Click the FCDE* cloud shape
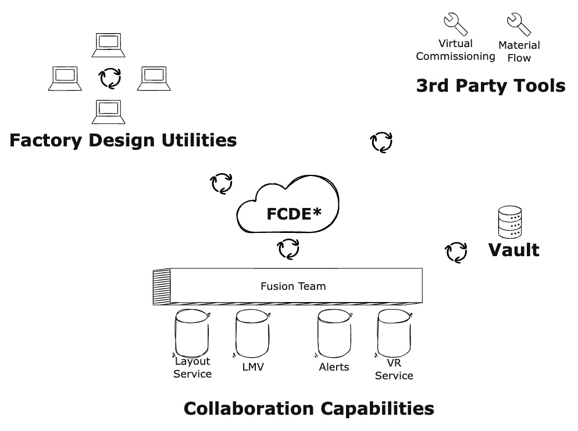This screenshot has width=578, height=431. tap(288, 209)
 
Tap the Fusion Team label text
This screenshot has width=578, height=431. tap(293, 286)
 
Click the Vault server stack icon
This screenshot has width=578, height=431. tap(510, 222)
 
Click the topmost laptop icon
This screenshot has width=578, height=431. tap(109, 45)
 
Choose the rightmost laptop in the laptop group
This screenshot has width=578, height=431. tap(154, 78)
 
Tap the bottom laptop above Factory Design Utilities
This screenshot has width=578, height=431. tap(109, 112)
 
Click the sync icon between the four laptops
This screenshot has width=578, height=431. tap(109, 77)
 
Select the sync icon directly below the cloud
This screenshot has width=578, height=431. tap(288, 249)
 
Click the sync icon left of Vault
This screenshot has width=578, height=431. tap(456, 252)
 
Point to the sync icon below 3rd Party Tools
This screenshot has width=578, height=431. tap(381, 141)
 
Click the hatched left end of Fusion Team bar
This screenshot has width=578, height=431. tap(160, 286)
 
